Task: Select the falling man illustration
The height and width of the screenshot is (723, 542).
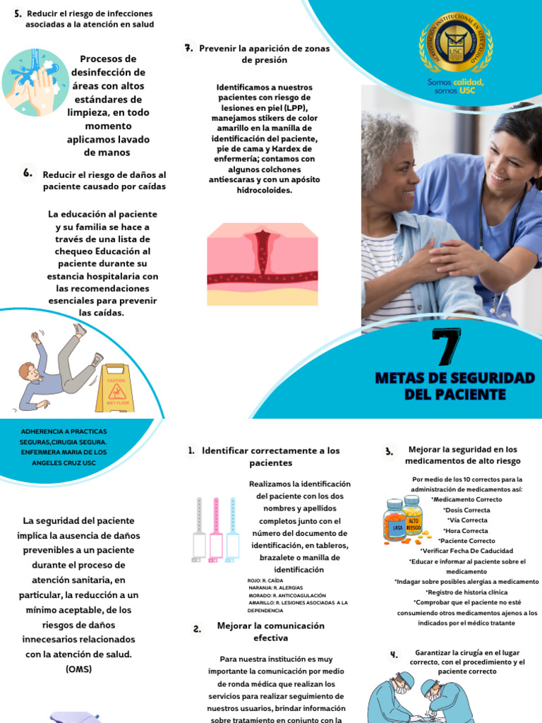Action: (x=60, y=369)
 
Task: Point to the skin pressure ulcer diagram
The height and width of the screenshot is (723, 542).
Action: (x=263, y=264)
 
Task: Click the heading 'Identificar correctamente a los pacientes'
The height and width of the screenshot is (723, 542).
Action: (x=265, y=456)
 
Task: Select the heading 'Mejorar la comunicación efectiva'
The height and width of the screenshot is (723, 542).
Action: (x=261, y=631)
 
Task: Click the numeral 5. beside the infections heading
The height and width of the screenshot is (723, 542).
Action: (x=17, y=14)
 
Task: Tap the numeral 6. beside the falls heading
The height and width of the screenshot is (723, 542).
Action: (x=28, y=173)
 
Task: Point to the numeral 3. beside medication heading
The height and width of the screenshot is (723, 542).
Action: (x=389, y=452)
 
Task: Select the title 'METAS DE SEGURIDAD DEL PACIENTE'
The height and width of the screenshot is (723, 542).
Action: (x=455, y=386)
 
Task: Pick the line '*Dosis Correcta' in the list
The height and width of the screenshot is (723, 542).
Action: (x=466, y=510)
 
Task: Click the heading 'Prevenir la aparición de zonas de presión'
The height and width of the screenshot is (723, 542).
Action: (x=264, y=54)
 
